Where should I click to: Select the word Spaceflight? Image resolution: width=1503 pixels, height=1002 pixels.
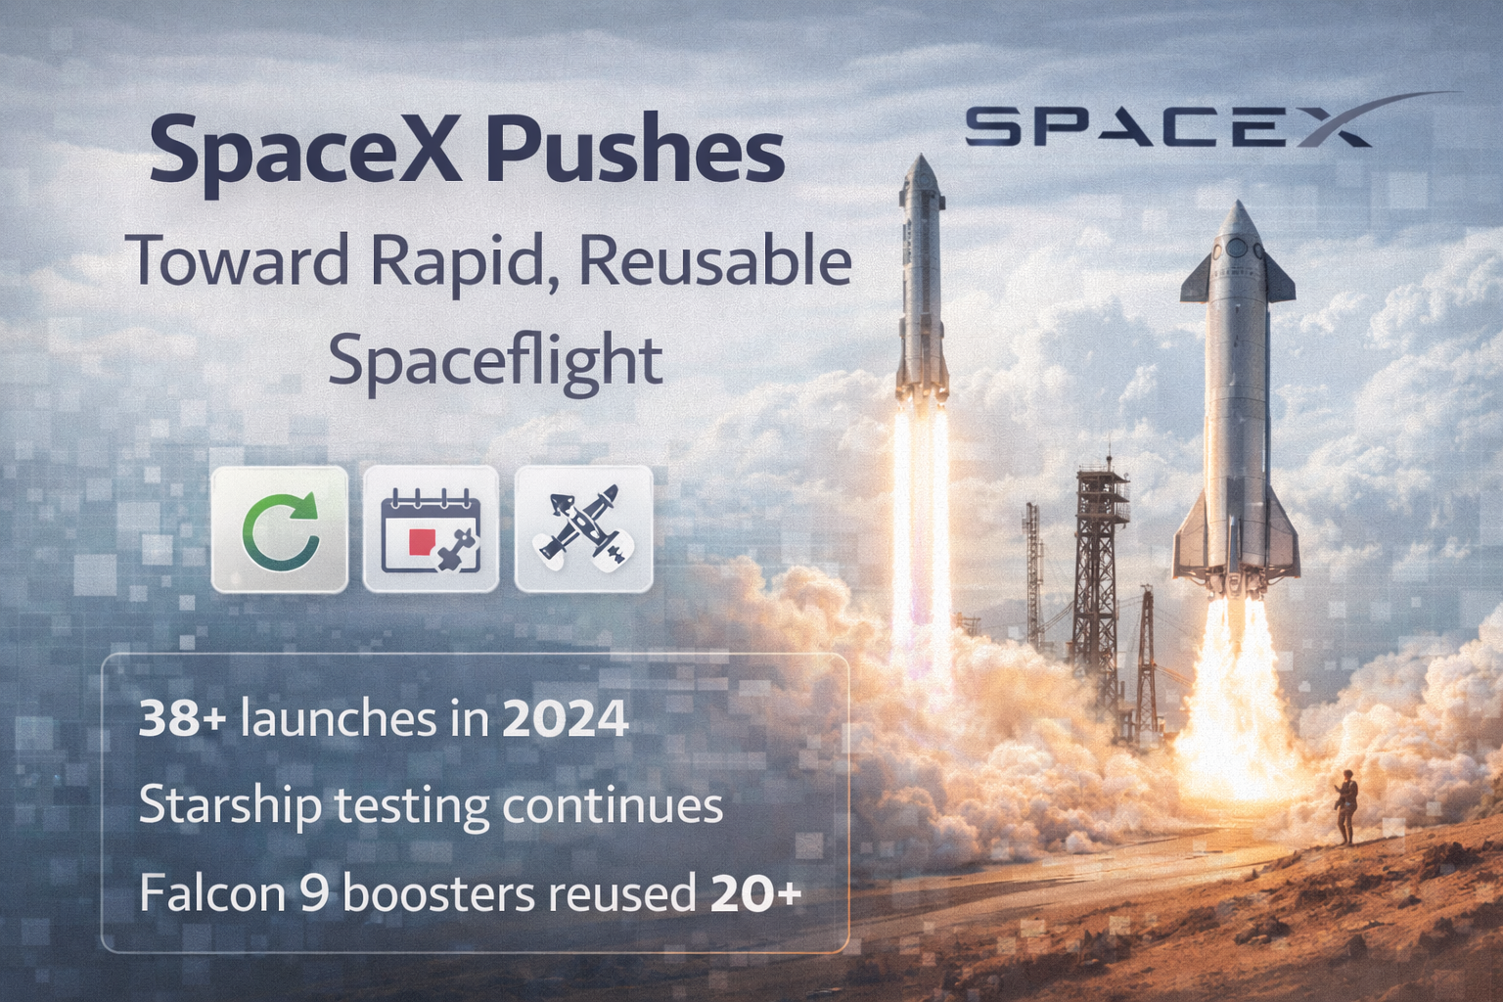tap(495, 361)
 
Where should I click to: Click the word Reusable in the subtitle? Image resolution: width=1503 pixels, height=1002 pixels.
tap(714, 261)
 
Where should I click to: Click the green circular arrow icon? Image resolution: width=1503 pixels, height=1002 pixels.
tap(280, 529)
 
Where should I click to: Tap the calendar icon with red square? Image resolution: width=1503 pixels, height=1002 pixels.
tap(431, 529)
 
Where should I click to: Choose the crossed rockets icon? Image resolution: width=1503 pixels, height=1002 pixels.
tap(583, 529)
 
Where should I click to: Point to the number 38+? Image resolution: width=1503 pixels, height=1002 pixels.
tap(183, 719)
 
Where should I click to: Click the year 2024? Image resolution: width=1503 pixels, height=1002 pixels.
tap(566, 719)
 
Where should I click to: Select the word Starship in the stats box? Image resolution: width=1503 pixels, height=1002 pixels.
tap(230, 807)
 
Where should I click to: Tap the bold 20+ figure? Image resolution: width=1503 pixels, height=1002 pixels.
tap(756, 893)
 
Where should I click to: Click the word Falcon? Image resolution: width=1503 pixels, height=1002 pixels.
tap(211, 893)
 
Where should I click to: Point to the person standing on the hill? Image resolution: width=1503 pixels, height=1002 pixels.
tap(1348, 805)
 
